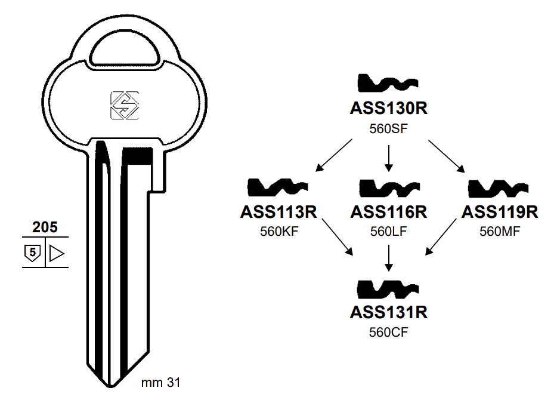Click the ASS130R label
coord(389,109)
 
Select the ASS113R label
coord(278,212)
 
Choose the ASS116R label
coord(389,212)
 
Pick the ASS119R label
coord(500,212)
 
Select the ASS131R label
coord(389,312)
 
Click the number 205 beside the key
coord(45,227)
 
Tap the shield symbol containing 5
coord(33,254)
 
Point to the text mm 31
coord(160,383)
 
